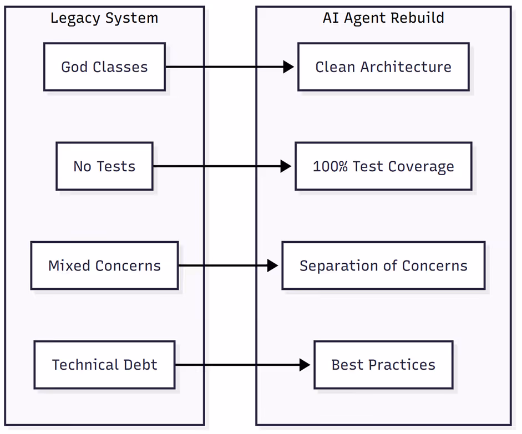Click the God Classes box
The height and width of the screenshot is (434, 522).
(104, 67)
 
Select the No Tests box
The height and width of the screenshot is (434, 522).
(104, 166)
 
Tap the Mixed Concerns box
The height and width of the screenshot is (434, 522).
(104, 265)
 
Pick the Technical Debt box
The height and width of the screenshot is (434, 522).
(104, 365)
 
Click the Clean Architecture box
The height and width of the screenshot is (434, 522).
(383, 67)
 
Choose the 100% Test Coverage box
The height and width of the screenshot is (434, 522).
(383, 166)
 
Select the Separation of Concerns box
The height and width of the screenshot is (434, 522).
(383, 265)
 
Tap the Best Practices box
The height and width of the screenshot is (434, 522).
(383, 365)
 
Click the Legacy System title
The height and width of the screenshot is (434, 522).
(104, 18)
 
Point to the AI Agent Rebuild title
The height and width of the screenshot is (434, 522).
(383, 18)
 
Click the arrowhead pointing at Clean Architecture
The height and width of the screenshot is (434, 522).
(288, 67)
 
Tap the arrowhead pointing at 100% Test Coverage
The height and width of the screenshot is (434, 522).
(286, 166)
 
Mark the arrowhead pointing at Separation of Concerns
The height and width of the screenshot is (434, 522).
(273, 265)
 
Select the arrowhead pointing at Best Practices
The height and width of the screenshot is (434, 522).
(305, 365)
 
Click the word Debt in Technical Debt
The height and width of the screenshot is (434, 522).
(140, 365)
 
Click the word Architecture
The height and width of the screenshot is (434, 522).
(406, 67)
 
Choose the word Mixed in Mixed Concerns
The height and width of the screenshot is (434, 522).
(69, 265)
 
